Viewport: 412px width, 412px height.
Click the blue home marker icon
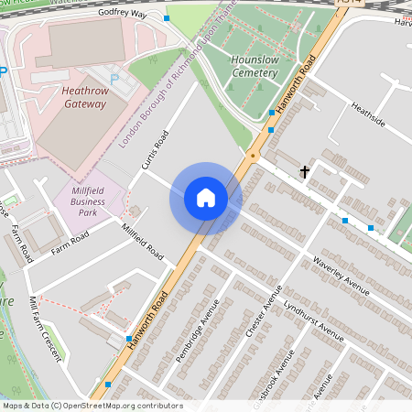(x=206, y=198)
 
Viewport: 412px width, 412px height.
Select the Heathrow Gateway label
(x=84, y=97)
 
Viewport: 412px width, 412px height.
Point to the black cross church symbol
(x=305, y=171)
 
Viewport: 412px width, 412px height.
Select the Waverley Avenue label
(x=340, y=276)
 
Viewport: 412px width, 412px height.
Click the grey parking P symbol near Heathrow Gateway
(x=114, y=81)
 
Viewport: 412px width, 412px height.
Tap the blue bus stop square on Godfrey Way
(x=166, y=18)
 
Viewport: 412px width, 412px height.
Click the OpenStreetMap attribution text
(x=92, y=406)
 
